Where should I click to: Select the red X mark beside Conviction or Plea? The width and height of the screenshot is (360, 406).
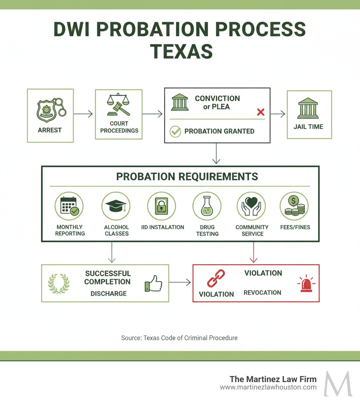261,112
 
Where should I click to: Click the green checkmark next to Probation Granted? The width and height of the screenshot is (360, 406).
175,132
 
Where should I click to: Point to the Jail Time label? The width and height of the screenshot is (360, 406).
308,127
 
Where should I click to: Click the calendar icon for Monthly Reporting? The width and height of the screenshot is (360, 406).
69,206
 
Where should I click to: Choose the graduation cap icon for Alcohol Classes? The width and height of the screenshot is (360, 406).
116,206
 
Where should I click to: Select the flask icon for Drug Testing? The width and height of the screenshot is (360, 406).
207,206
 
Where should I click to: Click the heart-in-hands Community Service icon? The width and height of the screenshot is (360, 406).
251,206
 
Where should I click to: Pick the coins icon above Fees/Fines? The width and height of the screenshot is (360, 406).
294,206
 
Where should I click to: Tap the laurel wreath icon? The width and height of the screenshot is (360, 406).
59,284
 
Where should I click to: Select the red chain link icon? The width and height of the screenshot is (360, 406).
216,278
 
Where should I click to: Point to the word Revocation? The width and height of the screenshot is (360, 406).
262,293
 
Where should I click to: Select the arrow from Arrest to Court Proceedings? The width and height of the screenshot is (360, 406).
84,114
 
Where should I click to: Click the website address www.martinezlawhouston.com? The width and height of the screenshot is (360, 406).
268,387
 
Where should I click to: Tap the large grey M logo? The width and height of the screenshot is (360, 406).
338,383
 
